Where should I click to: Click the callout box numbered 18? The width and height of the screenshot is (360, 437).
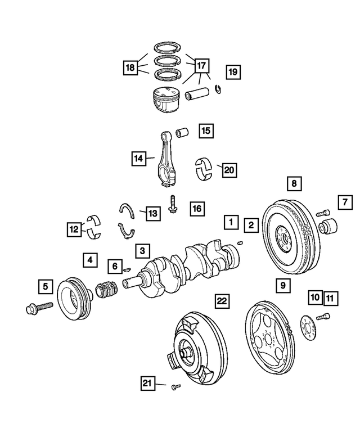[x=130, y=68]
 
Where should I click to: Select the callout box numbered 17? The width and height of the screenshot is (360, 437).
[x=201, y=65]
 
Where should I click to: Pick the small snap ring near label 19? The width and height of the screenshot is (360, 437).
[x=218, y=88]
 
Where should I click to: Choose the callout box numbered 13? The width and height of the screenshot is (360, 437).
[x=152, y=213]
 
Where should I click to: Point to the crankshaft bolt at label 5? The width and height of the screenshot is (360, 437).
[x=39, y=307]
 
